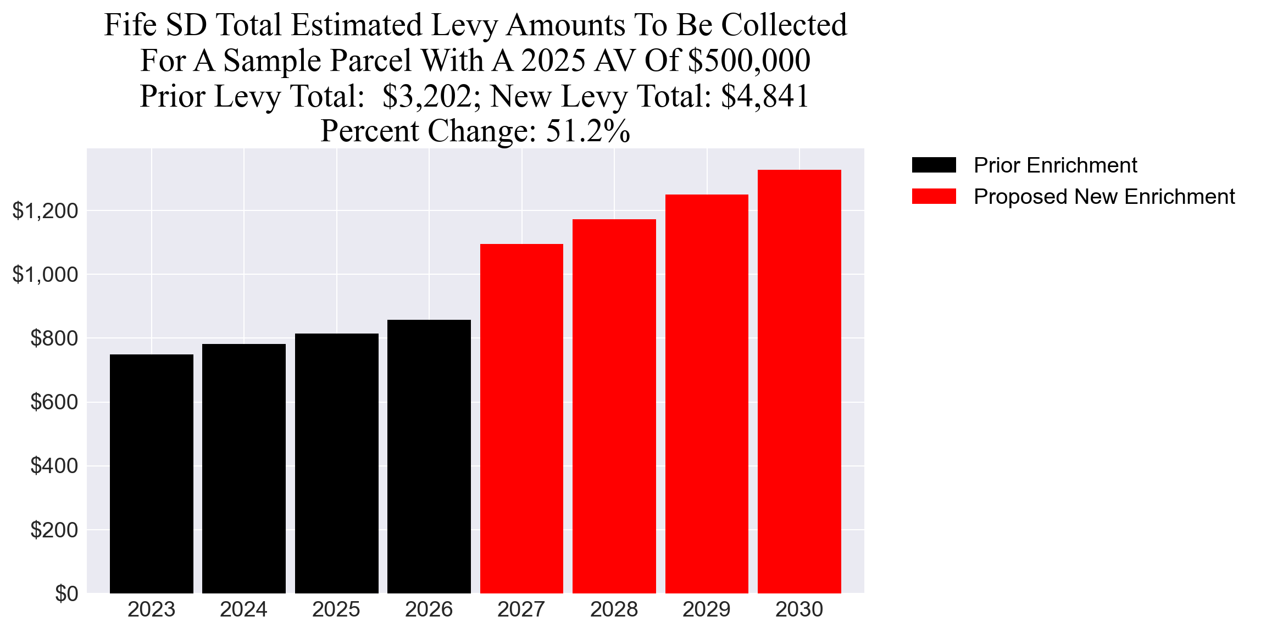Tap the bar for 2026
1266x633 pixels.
[x=429, y=456]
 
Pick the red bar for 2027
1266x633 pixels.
[x=521, y=418]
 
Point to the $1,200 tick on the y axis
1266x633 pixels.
[x=45, y=210]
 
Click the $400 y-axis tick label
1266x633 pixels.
[x=54, y=466]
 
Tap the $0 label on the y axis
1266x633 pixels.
[x=66, y=594]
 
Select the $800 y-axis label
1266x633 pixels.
[x=54, y=338]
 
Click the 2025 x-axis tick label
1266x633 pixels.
[x=336, y=609]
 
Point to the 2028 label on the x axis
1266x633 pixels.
[x=614, y=609]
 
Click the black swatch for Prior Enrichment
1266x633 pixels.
[x=934, y=165]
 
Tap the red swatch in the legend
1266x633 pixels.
[x=934, y=197]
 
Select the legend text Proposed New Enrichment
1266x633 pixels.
[x=1104, y=197]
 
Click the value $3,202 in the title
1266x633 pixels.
[x=427, y=96]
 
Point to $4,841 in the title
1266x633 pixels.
[x=764, y=96]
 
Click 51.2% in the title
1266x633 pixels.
[x=587, y=131]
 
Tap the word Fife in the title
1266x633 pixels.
[x=130, y=25]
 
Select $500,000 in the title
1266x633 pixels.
[x=749, y=60]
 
